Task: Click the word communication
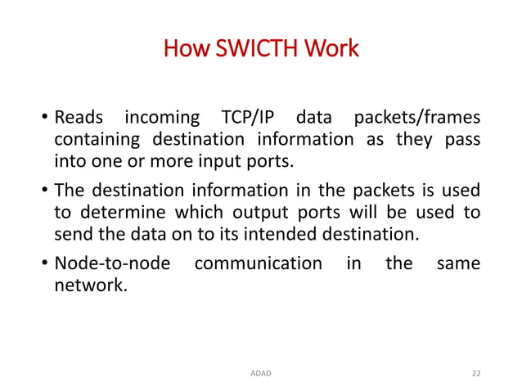tap(259, 264)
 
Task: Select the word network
tap(91, 285)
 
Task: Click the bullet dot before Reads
tap(44, 120)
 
